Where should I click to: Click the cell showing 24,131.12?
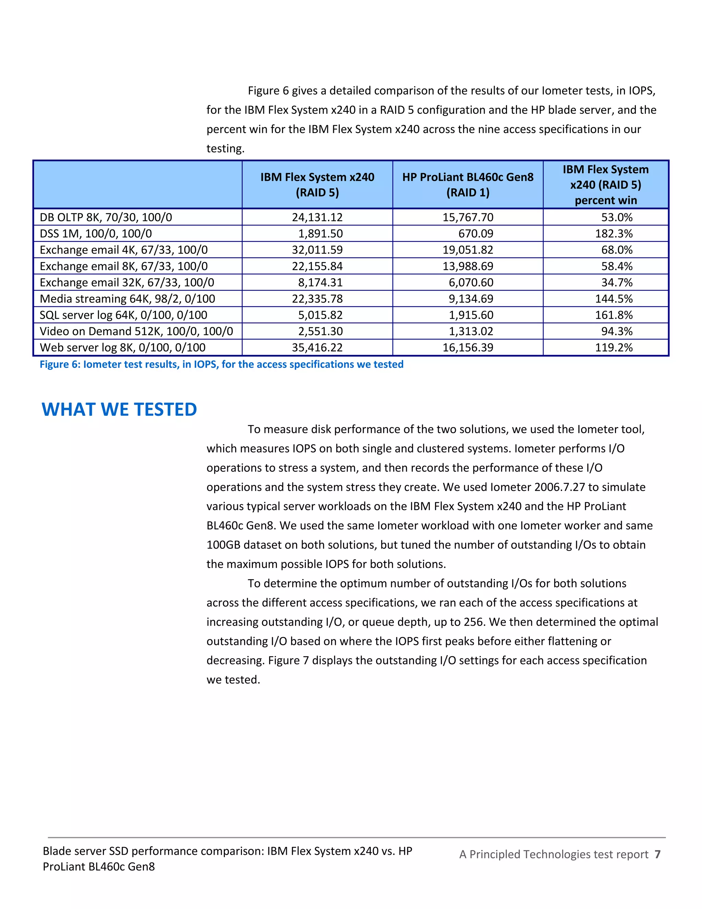click(x=317, y=217)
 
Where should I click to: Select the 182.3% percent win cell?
click(x=614, y=234)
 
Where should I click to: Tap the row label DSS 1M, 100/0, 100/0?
click(x=96, y=234)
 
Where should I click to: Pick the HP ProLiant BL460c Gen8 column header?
click(x=468, y=185)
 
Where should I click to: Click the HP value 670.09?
click(x=475, y=234)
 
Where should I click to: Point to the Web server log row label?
click(x=122, y=347)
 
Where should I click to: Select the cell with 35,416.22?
click(x=317, y=347)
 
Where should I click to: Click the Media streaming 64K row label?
click(x=127, y=299)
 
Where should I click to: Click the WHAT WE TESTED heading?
click(x=119, y=410)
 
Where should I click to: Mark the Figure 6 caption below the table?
click(x=221, y=365)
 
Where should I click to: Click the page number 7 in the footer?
click(x=657, y=854)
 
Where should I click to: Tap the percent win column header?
click(x=606, y=185)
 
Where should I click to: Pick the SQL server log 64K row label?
click(x=123, y=315)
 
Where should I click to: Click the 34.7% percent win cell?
click(x=616, y=283)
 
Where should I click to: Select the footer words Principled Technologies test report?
click(x=558, y=854)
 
